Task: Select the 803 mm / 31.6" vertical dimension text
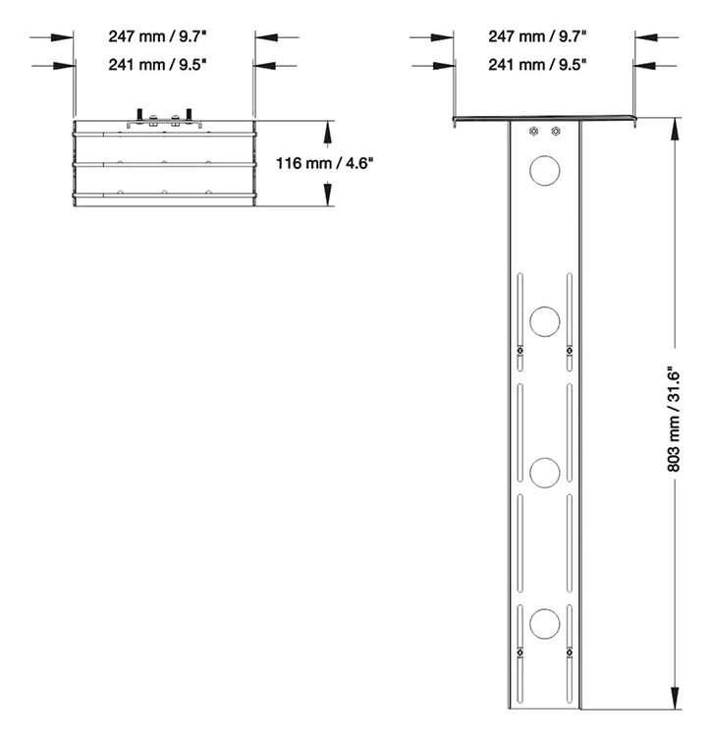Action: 676,419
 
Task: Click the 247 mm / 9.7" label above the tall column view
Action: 537,36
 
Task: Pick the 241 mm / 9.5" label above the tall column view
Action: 537,65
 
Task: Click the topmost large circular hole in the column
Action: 543,170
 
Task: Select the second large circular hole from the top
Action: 543,319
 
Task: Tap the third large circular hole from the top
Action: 543,472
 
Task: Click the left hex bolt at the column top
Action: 532,132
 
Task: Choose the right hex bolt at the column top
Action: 556,132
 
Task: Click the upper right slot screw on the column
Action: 568,351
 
